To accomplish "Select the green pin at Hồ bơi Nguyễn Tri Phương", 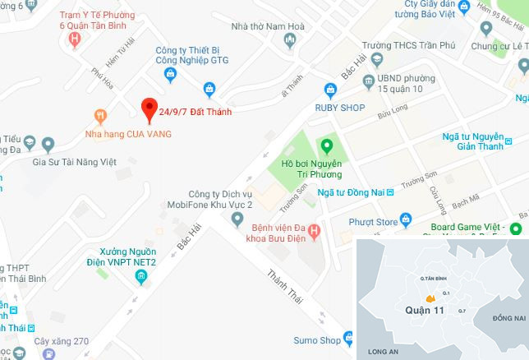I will click(x=327, y=147).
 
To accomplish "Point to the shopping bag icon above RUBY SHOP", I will click(x=331, y=88).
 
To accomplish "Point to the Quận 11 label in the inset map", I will click(x=425, y=311).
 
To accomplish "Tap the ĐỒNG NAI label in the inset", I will click(x=508, y=317).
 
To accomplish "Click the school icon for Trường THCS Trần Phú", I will click(x=376, y=60).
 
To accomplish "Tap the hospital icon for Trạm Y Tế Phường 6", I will click(x=76, y=37).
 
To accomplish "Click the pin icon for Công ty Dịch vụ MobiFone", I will click(x=238, y=219).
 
